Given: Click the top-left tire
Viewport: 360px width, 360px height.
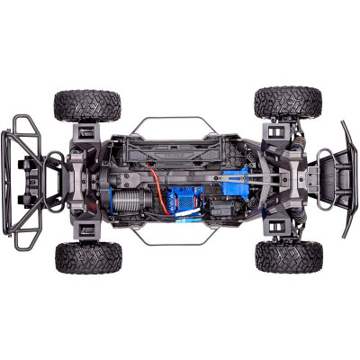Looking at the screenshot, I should pos(86,103).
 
